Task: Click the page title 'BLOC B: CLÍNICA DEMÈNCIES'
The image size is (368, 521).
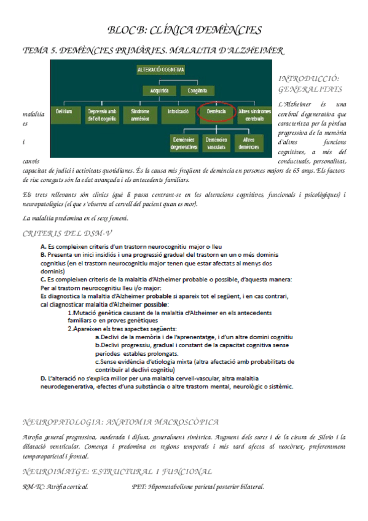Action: click(x=184, y=30)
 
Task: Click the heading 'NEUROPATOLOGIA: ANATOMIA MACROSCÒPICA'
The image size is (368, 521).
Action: click(x=120, y=423)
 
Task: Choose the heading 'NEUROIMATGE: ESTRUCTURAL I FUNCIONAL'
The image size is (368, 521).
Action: click(x=117, y=472)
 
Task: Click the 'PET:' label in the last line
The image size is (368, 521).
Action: click(x=139, y=487)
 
